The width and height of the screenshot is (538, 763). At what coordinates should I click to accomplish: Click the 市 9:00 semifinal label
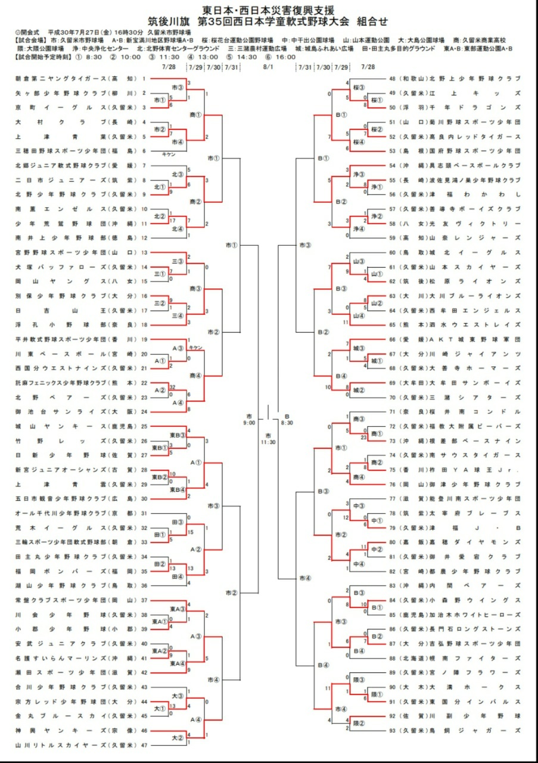[249, 418]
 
